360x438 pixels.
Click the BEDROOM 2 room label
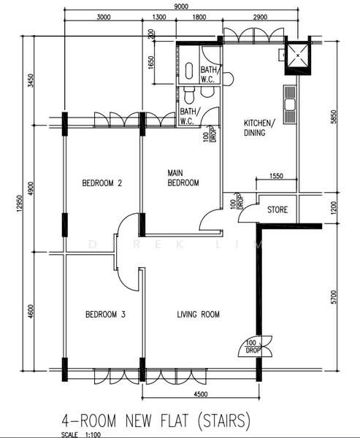pyautogui.click(x=102, y=183)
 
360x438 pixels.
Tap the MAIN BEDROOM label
pyautogui.click(x=183, y=177)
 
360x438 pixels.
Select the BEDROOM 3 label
pyautogui.click(x=105, y=315)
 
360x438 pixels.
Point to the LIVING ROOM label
pyautogui.click(x=198, y=315)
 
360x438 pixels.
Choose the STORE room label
pyautogui.click(x=277, y=210)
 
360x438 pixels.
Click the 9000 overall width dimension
pyautogui.click(x=181, y=6)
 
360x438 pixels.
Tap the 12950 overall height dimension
pyautogui.click(x=19, y=204)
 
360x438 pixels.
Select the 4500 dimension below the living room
pyautogui.click(x=201, y=394)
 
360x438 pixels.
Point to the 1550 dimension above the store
pyautogui.click(x=276, y=176)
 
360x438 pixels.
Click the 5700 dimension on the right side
pyautogui.click(x=334, y=297)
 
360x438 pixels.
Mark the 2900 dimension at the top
pyautogui.click(x=260, y=17)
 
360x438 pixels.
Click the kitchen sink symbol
pyautogui.click(x=290, y=104)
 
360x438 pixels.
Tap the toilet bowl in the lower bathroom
pyautogui.click(x=189, y=94)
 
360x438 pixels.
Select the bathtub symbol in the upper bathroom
pyautogui.click(x=189, y=71)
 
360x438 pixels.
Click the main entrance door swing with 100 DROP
pyautogui.click(x=255, y=346)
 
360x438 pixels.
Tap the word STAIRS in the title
pyautogui.click(x=223, y=420)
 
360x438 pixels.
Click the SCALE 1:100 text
pyautogui.click(x=81, y=434)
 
